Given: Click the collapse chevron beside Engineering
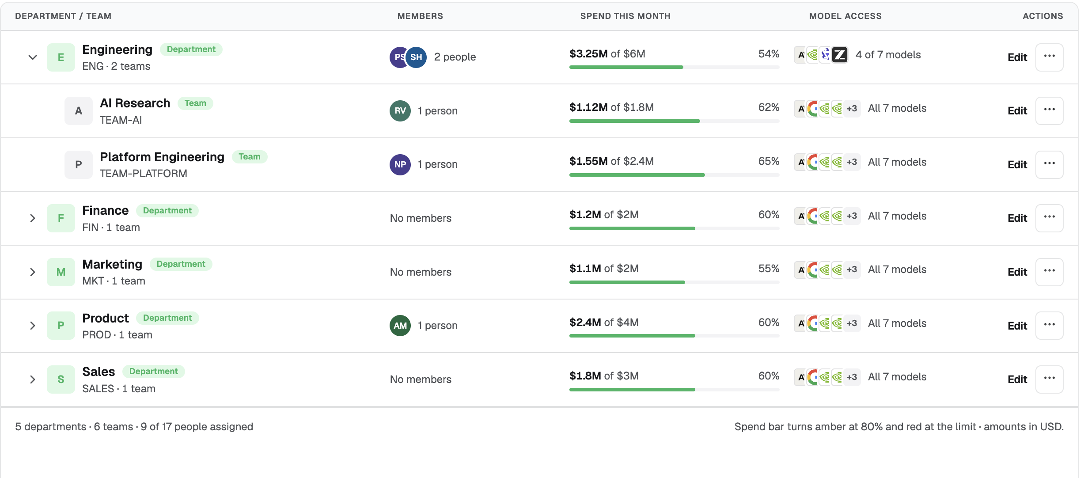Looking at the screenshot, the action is [x=33, y=57].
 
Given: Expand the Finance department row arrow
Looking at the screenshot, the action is [x=33, y=218].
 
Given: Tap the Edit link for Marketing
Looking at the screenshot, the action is [x=1017, y=272].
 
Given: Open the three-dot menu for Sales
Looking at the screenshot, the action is [x=1050, y=379].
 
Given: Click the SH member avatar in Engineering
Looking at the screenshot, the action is [x=416, y=57].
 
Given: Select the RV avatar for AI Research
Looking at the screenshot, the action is [x=400, y=111].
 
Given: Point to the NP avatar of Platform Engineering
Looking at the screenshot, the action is [x=400, y=165].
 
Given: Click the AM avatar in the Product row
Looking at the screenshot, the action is [x=400, y=326].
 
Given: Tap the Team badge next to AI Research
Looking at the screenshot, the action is [x=195, y=103].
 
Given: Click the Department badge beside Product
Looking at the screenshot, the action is [x=167, y=318].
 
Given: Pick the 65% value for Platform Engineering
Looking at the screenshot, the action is [x=769, y=161].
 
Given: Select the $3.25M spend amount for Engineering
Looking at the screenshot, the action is [x=588, y=54].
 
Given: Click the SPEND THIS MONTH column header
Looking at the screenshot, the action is [x=625, y=16].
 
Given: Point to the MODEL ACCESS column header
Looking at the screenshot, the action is [x=845, y=16].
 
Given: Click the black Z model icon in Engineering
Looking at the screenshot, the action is [x=840, y=55].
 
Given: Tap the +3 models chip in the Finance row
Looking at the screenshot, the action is [x=852, y=216].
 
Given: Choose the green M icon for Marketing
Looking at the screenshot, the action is [x=61, y=272].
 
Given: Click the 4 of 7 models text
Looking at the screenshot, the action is [x=888, y=55].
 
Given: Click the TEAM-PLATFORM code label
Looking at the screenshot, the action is [x=144, y=174].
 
